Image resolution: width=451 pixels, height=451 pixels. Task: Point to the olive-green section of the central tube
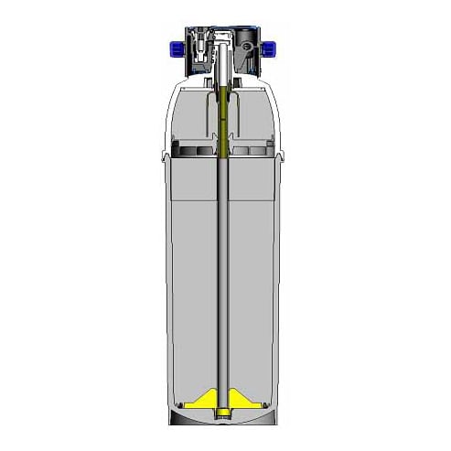coord(225,119)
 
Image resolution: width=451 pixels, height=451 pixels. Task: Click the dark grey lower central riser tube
coord(225,274)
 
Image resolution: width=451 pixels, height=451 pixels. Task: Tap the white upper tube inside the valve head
coord(224,64)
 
